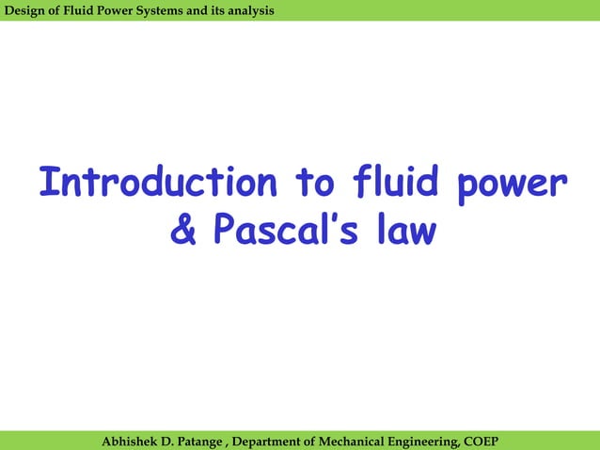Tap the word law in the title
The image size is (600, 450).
point(404,231)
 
